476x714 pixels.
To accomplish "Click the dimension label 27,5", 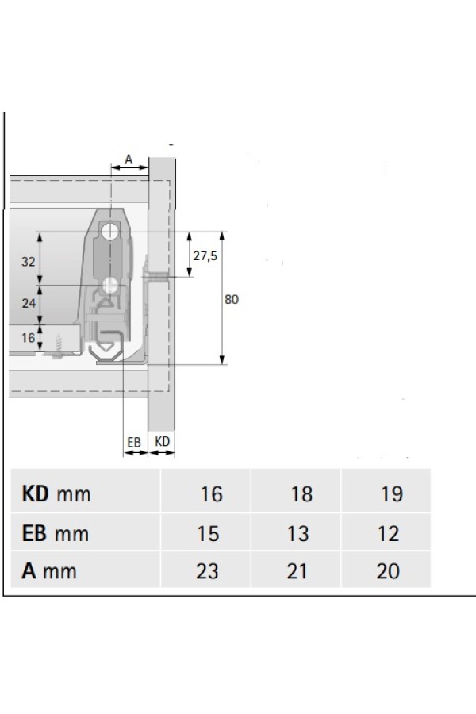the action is point(205,256).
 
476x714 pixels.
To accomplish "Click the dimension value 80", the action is point(232,299).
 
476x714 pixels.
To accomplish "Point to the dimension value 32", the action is point(29,261).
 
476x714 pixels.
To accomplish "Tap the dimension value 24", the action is point(29,303).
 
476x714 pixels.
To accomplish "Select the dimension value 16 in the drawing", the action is point(29,337).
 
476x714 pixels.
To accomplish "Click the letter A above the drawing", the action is point(129,159).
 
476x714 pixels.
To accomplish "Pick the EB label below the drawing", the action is point(134,442).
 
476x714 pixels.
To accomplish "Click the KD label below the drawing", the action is point(162,441).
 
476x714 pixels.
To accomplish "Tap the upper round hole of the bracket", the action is point(110,232).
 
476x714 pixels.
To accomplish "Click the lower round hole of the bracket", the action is point(109,286).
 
